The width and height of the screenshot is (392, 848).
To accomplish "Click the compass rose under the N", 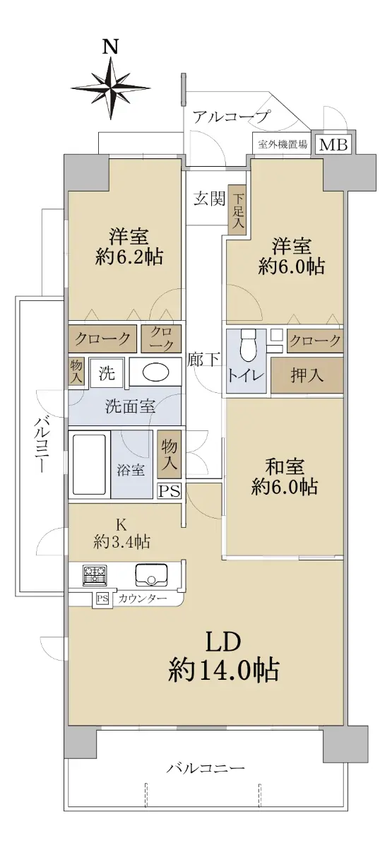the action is (x=110, y=88).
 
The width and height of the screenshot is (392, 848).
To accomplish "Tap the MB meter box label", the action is (x=333, y=144).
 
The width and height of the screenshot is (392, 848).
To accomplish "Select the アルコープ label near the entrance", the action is (x=231, y=116).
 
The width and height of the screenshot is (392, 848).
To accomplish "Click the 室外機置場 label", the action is (x=283, y=144).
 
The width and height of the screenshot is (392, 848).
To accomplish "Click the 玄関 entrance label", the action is (x=209, y=199).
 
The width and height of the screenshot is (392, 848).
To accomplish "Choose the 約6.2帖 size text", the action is (x=129, y=257).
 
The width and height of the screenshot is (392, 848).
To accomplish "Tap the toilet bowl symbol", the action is (x=249, y=346).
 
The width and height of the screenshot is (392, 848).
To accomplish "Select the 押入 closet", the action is (x=307, y=375).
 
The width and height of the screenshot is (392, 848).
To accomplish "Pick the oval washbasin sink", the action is (x=155, y=373).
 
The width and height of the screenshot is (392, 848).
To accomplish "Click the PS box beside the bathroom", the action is (x=169, y=491).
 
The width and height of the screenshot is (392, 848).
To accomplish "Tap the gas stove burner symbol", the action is (x=95, y=577).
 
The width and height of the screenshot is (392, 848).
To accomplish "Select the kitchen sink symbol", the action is (x=151, y=575).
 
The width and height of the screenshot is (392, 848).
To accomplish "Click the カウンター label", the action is (x=143, y=599).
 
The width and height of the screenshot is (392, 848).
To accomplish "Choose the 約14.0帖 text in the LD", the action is (x=224, y=670).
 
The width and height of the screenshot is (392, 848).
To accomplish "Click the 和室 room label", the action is (x=285, y=466).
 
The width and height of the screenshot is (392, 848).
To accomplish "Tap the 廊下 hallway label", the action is (x=203, y=359).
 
